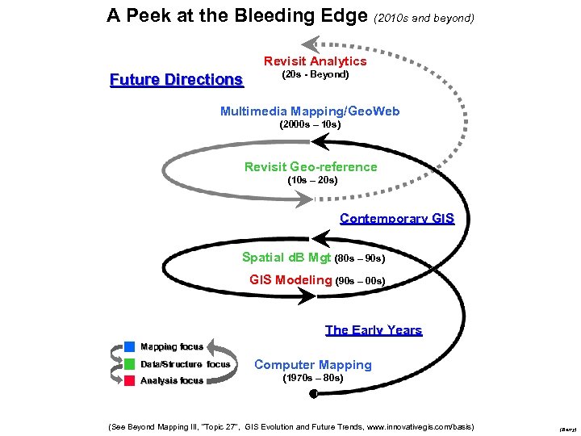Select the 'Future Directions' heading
pos(176,79)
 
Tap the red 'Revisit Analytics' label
pos(315,61)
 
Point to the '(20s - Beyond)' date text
pos(315,74)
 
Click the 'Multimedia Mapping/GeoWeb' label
pos(310,111)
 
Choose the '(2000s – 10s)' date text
pos(310,125)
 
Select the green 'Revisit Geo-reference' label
pos(311,167)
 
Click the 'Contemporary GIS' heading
pos(397,219)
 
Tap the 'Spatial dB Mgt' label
pos(286,258)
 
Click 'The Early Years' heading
pos(374,329)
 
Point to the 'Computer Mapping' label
pos(313,365)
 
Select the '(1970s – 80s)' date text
pos(312,378)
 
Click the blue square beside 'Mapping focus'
pos(129,346)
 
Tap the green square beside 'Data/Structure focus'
pos(129,363)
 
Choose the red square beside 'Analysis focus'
pos(129,380)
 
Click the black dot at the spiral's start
pos(313,393)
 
